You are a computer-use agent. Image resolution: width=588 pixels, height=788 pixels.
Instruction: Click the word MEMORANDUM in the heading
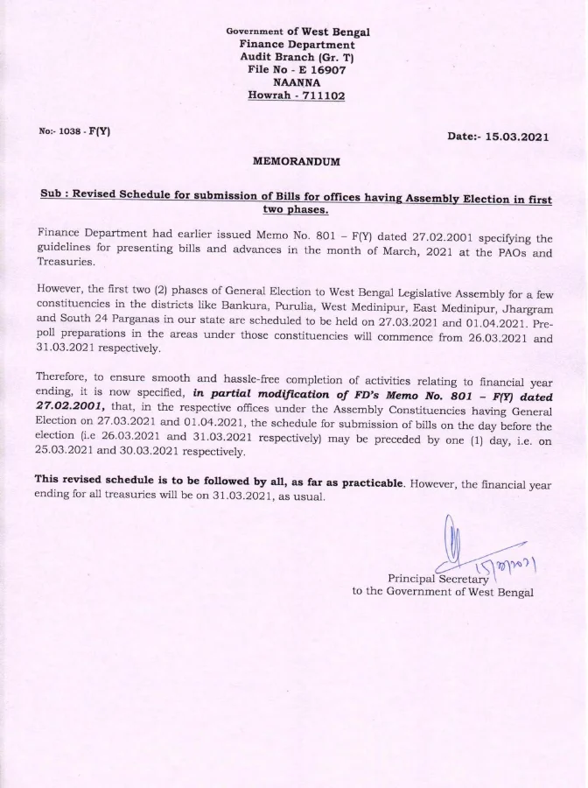[297, 163]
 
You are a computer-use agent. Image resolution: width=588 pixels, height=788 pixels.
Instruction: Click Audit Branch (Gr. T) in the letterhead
[297, 56]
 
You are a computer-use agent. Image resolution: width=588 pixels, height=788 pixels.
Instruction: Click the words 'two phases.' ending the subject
[296, 211]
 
